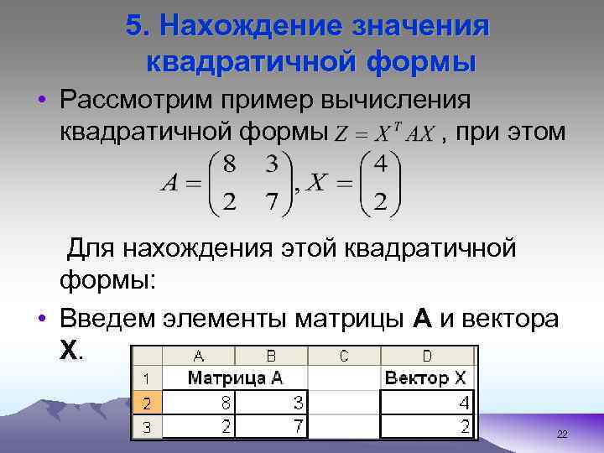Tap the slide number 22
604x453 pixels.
pyautogui.click(x=562, y=434)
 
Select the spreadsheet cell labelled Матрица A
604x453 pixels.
pyautogui.click(x=235, y=377)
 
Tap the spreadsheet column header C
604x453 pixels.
pyautogui.click(x=344, y=357)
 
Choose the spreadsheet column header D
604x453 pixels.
pyautogui.click(x=427, y=357)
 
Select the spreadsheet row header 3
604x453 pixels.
pyautogui.click(x=146, y=427)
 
